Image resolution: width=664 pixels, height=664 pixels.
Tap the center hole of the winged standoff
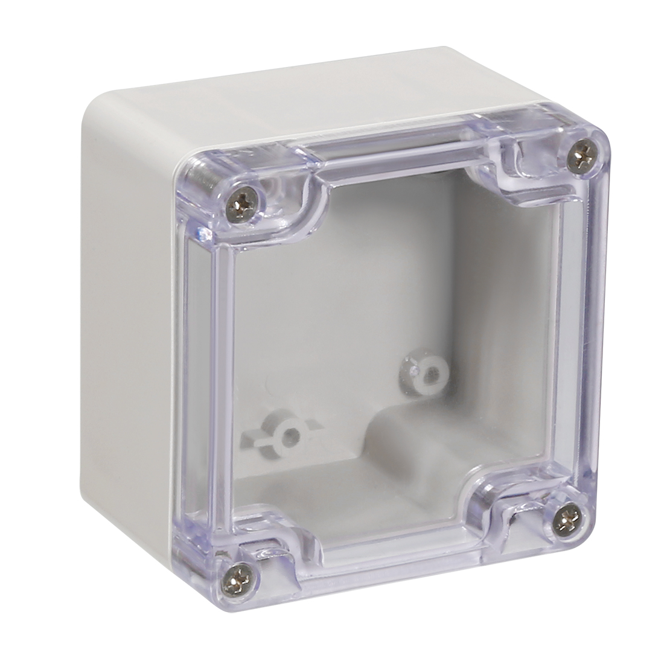click(290, 435)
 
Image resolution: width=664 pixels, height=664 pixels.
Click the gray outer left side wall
click(127, 332)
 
